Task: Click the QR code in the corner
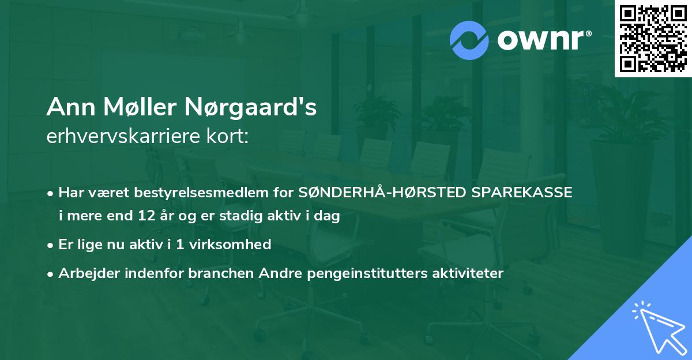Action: click(653, 39)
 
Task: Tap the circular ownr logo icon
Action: click(469, 40)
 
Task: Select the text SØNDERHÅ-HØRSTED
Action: click(382, 193)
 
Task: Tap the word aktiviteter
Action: click(468, 273)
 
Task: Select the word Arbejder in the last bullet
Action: click(85, 273)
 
